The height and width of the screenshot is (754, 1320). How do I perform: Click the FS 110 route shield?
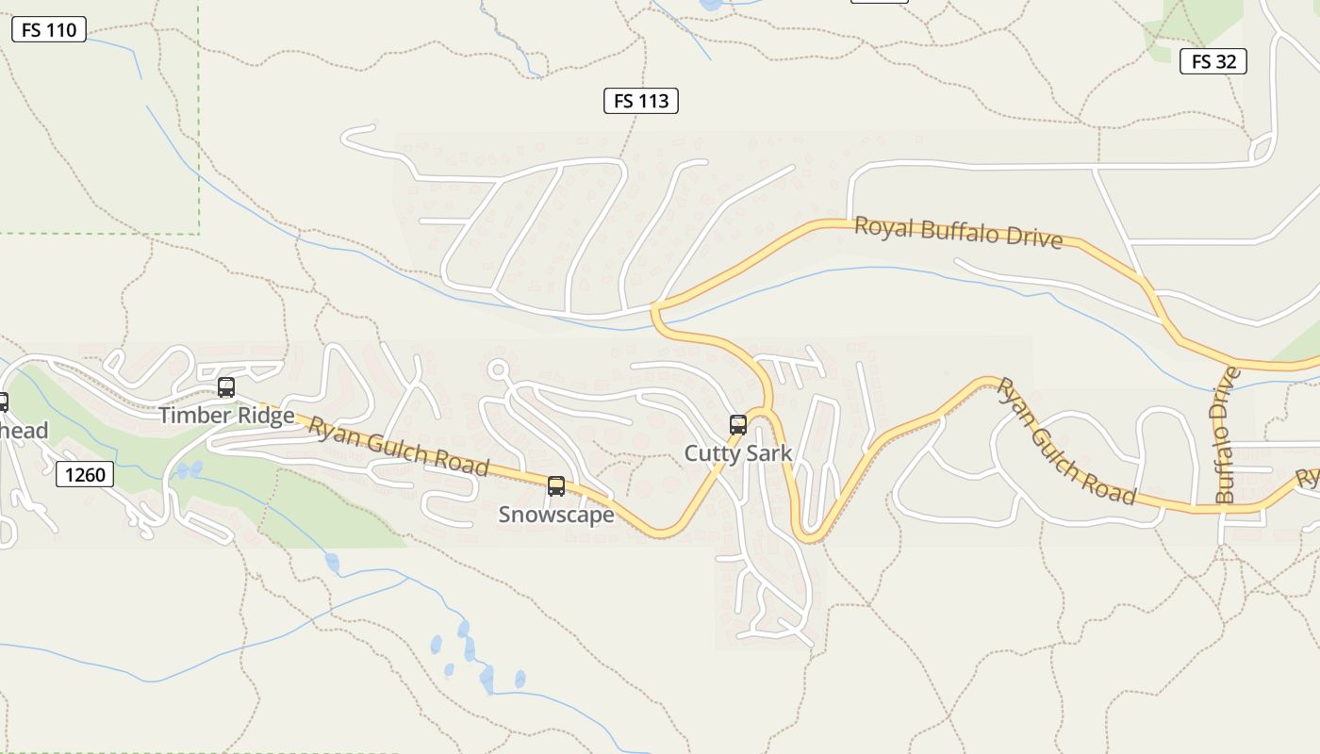pos(49,30)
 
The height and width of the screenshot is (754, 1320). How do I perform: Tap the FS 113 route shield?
pos(641,101)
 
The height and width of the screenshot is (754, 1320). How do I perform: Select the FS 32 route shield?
pos(1213,62)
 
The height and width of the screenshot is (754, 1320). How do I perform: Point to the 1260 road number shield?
pos(85,474)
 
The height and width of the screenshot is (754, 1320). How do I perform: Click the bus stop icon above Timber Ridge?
pos(226,387)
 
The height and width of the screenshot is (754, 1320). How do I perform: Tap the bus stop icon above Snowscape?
pos(556,486)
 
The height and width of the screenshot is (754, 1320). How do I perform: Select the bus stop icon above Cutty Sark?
pos(738,425)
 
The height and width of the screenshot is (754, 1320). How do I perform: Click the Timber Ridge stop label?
pos(226,416)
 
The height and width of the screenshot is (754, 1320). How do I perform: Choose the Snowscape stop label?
pos(556,515)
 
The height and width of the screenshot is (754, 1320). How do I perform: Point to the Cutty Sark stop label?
pos(738,453)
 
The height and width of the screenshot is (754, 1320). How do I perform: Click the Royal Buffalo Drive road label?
pos(959,232)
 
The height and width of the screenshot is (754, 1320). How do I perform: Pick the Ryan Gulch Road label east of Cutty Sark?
pos(1066,441)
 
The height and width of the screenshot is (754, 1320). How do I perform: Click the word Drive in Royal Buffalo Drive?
pos(1034,237)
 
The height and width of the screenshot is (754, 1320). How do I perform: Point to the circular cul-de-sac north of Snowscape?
pos(499,369)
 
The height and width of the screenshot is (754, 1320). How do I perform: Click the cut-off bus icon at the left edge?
pos(3,402)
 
